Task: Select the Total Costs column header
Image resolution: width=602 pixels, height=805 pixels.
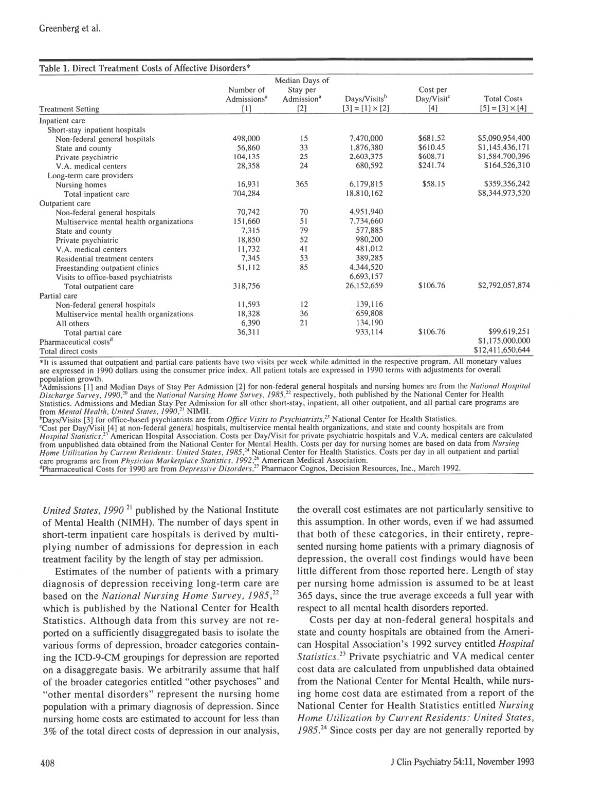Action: click(x=503, y=99)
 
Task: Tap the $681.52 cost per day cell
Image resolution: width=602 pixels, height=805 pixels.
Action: click(x=432, y=139)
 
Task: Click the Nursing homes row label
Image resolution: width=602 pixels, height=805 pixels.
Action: click(x=81, y=185)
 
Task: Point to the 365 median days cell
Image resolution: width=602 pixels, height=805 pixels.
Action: click(x=302, y=184)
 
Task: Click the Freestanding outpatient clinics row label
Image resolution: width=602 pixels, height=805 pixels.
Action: click(x=107, y=268)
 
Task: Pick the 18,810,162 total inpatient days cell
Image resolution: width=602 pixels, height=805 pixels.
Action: click(x=365, y=194)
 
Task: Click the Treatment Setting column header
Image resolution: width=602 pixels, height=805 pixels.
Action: click(x=69, y=109)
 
